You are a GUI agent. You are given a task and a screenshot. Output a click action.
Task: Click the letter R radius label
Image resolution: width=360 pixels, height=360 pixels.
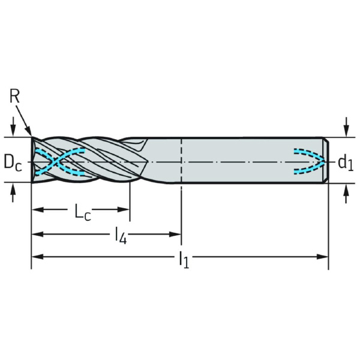point(14,96)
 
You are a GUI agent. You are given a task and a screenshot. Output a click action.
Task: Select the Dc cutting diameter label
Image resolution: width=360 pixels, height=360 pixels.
point(13,163)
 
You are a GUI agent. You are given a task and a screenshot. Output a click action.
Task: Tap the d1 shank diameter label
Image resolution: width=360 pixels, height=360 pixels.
point(346,163)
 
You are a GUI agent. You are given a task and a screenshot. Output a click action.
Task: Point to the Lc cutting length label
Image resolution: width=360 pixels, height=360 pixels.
point(83,211)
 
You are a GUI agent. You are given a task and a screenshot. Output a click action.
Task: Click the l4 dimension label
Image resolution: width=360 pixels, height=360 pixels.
point(121,236)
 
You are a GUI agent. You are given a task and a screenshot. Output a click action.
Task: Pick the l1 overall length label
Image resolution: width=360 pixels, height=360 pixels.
point(184,260)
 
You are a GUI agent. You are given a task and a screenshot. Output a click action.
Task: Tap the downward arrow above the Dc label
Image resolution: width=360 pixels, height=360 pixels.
point(13,127)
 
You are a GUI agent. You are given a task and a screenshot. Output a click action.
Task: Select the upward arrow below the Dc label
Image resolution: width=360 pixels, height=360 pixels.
point(13,193)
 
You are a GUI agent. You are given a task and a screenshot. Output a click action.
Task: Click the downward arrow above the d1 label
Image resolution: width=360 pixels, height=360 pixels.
point(347,127)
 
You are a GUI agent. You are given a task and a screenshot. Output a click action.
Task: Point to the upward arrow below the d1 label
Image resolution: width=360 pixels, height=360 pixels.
point(347,194)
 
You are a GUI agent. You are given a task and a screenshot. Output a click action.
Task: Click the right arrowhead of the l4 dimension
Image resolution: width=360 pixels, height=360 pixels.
point(175,234)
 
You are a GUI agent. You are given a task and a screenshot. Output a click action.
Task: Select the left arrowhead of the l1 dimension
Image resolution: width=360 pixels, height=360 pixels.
point(38,257)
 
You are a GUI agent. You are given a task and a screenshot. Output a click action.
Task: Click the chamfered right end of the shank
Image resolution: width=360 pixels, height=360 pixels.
point(326,160)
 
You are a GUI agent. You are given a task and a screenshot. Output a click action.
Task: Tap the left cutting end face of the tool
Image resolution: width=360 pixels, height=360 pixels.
point(32,160)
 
